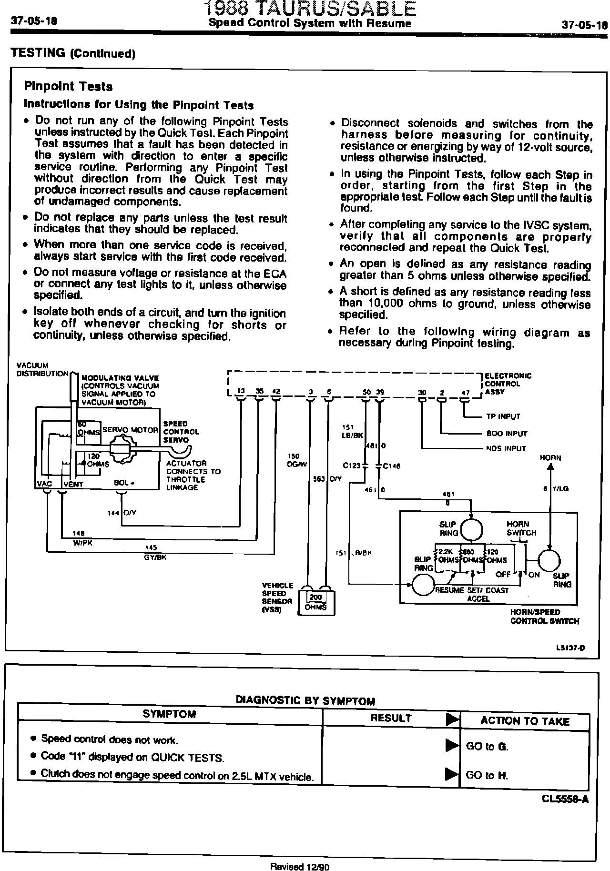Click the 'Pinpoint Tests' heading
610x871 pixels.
point(68,87)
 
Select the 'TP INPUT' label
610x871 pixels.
point(503,416)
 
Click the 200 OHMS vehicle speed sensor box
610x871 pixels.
point(315,602)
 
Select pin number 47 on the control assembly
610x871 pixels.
point(466,393)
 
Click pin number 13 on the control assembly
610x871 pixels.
point(241,391)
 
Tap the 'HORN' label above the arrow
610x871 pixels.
point(550,457)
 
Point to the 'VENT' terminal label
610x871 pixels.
point(73,484)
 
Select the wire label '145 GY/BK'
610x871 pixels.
point(154,552)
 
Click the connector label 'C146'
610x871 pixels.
point(391,466)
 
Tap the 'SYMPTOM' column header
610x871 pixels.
point(169,714)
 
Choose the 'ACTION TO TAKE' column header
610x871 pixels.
point(525,721)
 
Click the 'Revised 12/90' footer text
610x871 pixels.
point(300,866)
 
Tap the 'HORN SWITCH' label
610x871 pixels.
point(521,528)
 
